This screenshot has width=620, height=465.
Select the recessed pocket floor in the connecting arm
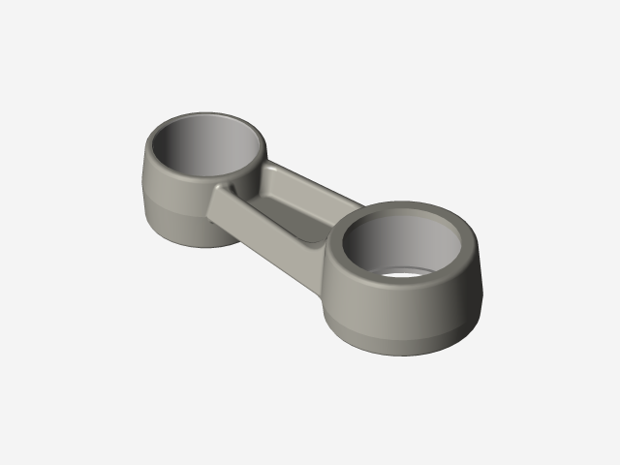(291, 219)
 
